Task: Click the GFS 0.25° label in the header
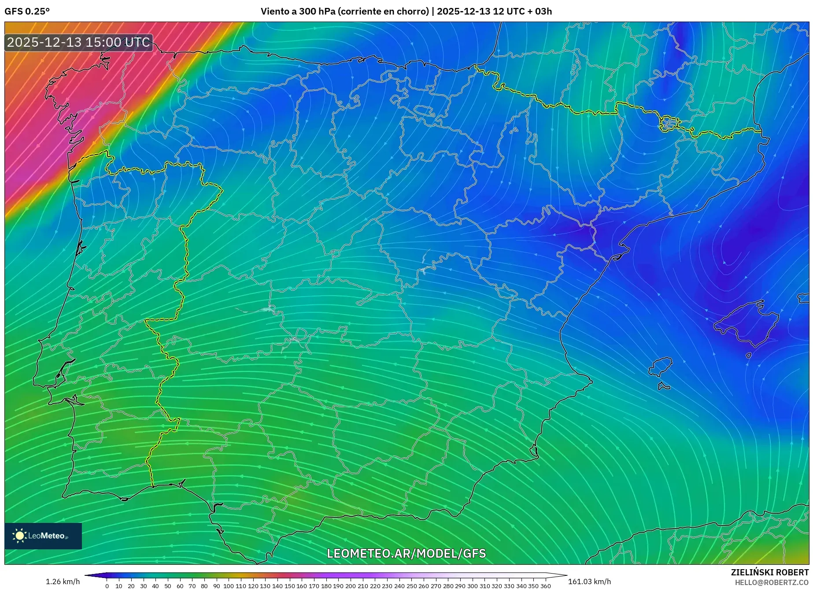pyautogui.click(x=27, y=11)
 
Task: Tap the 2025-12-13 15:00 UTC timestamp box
pyautogui.click(x=79, y=42)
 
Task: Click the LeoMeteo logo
pyautogui.click(x=43, y=536)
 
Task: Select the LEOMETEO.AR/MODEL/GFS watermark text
pyautogui.click(x=406, y=553)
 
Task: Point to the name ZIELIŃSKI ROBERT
pyautogui.click(x=769, y=572)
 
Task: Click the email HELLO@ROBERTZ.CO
pyautogui.click(x=772, y=582)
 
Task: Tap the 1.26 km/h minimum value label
pyautogui.click(x=63, y=582)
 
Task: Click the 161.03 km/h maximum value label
pyautogui.click(x=589, y=582)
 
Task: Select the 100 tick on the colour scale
pyautogui.click(x=229, y=586)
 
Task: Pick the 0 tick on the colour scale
pyautogui.click(x=107, y=586)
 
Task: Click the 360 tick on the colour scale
pyautogui.click(x=546, y=586)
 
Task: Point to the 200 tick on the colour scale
pyautogui.click(x=351, y=586)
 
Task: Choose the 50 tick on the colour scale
pyautogui.click(x=168, y=586)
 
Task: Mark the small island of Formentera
pyautogui.click(x=664, y=386)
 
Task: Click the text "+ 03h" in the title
pyautogui.click(x=540, y=11)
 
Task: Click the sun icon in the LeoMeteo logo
pyautogui.click(x=19, y=536)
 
